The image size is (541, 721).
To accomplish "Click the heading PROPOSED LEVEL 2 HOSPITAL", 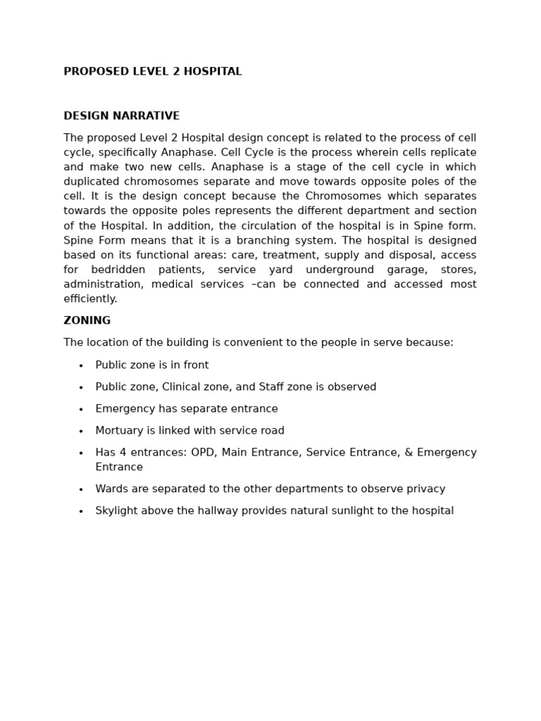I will pyautogui.click(x=152, y=72).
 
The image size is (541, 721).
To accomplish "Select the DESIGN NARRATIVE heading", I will pyautogui.click(x=121, y=116).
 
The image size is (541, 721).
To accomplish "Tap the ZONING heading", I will pyautogui.click(x=87, y=321).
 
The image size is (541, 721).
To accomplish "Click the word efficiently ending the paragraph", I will pyautogui.click(x=90, y=299).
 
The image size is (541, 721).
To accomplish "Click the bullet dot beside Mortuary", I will pyautogui.click(x=81, y=432).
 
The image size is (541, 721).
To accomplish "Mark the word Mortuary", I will pyautogui.click(x=118, y=431).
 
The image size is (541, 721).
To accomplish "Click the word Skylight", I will pyautogui.click(x=116, y=511).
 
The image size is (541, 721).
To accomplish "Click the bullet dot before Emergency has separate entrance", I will pyautogui.click(x=81, y=410).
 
